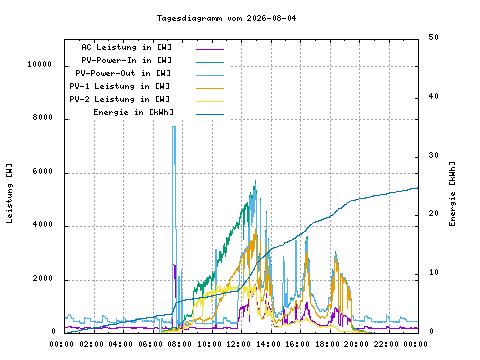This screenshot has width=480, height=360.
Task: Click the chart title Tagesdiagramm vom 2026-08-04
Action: click(226, 18)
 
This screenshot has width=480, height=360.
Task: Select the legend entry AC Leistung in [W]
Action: click(126, 47)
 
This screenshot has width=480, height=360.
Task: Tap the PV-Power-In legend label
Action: click(126, 60)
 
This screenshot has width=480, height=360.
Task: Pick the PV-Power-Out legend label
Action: click(123, 73)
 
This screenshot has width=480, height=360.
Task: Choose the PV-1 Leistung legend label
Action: click(120, 86)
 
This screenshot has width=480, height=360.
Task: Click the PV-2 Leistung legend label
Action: click(120, 99)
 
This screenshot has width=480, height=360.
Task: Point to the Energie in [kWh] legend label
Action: click(133, 112)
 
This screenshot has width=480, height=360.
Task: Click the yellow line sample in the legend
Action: click(210, 101)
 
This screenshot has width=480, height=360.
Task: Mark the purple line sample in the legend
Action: click(210, 49)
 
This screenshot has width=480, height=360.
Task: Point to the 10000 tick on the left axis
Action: click(40, 64)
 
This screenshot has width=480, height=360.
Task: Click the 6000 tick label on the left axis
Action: click(43, 171)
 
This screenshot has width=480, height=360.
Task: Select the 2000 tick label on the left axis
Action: click(43, 278)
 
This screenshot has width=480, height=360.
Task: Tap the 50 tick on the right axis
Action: click(433, 37)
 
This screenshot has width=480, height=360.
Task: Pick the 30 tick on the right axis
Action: click(433, 155)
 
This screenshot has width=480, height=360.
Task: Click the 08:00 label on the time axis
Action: click(180, 344)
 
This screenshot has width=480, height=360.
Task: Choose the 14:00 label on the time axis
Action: click(268, 344)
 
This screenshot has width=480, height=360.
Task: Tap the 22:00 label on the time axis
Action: click(386, 344)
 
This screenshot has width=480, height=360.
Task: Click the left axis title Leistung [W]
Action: click(9, 193)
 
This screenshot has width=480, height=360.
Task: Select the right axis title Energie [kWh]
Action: click(452, 194)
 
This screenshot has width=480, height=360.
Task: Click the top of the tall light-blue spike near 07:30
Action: click(174, 127)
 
